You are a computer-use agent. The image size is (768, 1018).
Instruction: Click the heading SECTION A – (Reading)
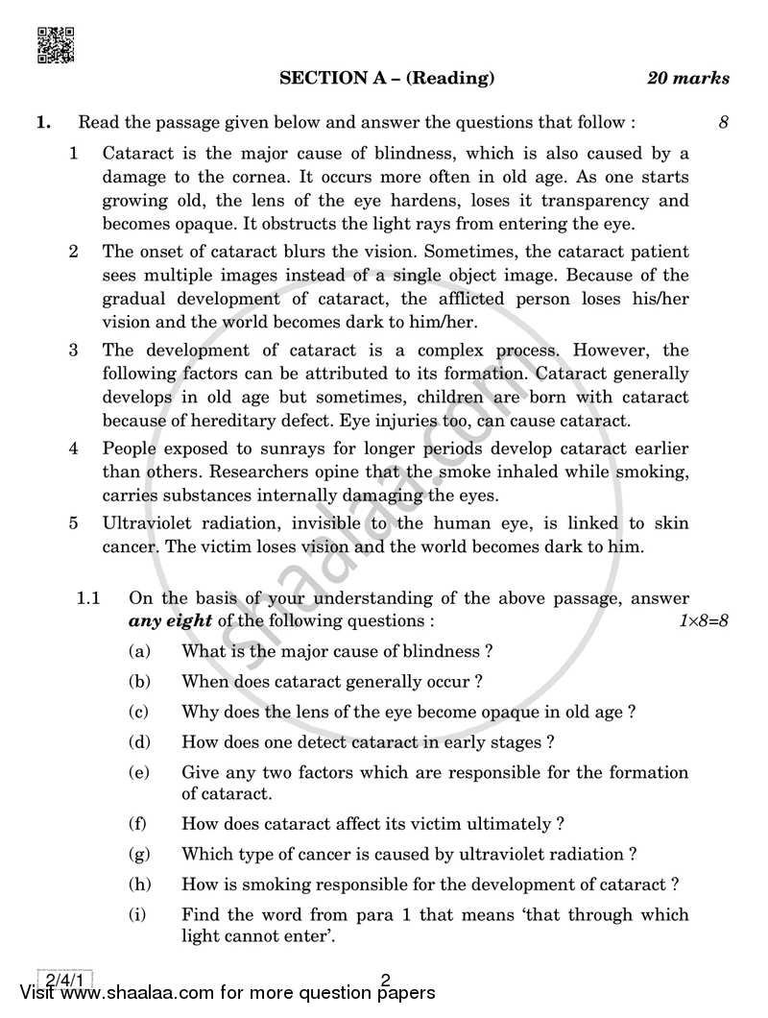coord(387,79)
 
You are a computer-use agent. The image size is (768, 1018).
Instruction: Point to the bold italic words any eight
coord(170,620)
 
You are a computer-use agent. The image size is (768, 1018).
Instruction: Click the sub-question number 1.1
coord(89,598)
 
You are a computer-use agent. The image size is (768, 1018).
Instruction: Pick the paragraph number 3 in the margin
coord(73,350)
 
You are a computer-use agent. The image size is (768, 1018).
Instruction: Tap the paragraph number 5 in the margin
coord(73,523)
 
